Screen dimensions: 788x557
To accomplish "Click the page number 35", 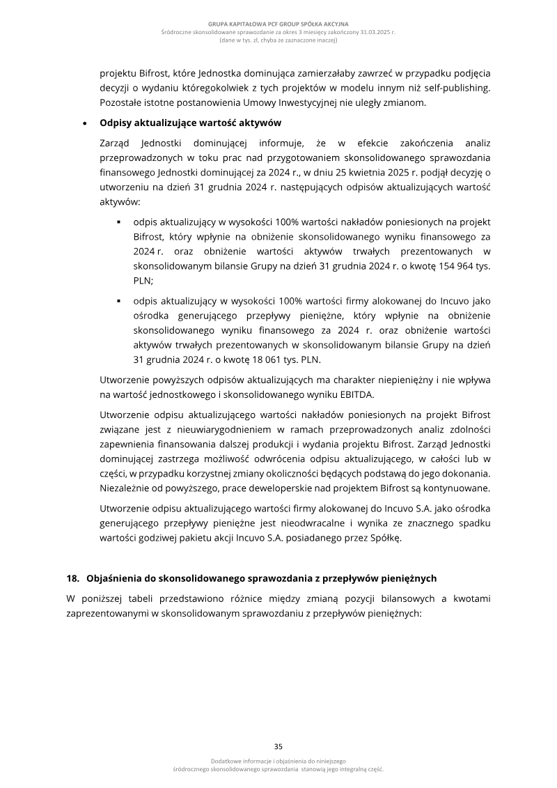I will pos(278,746).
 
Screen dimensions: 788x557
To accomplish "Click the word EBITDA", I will pos(354,394).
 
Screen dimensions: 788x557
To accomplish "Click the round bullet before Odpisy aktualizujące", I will pos(85,124).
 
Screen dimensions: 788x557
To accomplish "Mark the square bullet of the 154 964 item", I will pos(120,222).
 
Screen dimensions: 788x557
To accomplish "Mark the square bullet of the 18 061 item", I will pos(120,302).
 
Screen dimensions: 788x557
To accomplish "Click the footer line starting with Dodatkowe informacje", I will pos(278,761).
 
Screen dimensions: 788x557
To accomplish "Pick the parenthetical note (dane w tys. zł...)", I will pos(278,40).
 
